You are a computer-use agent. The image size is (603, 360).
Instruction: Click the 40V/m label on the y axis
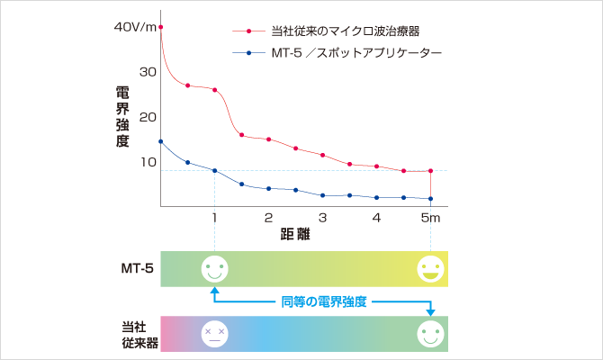(135, 27)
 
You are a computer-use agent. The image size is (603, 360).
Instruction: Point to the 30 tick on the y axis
(148, 72)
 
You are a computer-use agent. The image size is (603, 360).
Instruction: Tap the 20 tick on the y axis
(148, 117)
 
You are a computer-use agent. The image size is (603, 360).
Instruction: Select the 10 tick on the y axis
(148, 162)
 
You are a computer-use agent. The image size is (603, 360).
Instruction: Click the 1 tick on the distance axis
(214, 218)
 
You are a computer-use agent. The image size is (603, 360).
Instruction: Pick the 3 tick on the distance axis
(322, 218)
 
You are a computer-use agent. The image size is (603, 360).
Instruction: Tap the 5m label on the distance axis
(432, 218)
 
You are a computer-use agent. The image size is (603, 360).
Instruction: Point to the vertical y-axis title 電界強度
(122, 116)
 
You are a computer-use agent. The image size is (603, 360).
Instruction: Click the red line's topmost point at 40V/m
(160, 28)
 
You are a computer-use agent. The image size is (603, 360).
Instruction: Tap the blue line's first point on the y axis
(160, 141)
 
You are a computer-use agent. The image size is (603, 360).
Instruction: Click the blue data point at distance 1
(214, 170)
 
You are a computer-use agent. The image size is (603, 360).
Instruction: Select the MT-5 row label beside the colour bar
(137, 268)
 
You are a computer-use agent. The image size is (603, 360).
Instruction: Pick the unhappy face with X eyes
(213, 333)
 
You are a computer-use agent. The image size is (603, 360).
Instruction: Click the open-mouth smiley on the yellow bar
(431, 268)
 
